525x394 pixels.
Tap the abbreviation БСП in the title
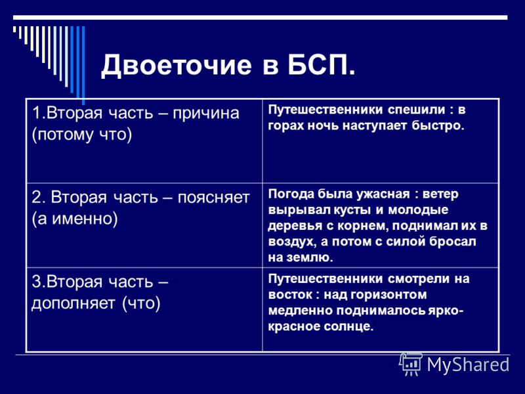coord(317,64)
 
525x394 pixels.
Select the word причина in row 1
coord(206,114)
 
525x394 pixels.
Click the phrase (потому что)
coord(82,135)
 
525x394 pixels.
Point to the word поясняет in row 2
coord(214,198)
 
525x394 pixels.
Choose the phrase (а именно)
coord(75,219)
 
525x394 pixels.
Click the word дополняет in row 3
coord(73,303)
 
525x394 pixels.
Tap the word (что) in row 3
coord(141,303)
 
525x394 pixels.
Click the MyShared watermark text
coord(468,364)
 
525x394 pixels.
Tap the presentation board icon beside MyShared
coord(411,364)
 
